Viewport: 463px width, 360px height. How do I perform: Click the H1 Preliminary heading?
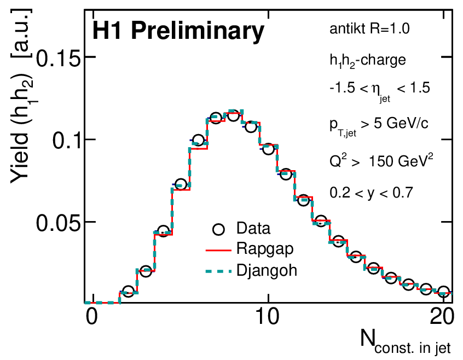click(178, 32)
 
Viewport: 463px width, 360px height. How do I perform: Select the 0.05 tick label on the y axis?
click(58, 223)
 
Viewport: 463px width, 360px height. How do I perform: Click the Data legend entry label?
click(253, 229)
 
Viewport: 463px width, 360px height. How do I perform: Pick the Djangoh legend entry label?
click(267, 270)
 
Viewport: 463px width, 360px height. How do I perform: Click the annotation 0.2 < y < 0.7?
click(371, 193)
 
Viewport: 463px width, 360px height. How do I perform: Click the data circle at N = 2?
click(128, 292)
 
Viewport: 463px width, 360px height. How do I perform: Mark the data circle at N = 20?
click(443, 292)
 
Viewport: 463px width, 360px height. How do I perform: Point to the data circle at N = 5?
click(181, 184)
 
